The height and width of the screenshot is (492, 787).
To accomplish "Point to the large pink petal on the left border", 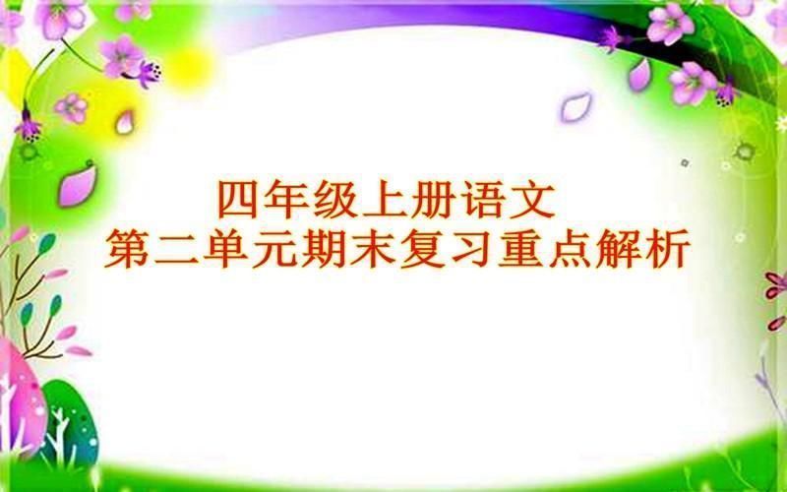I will (x=77, y=185).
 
